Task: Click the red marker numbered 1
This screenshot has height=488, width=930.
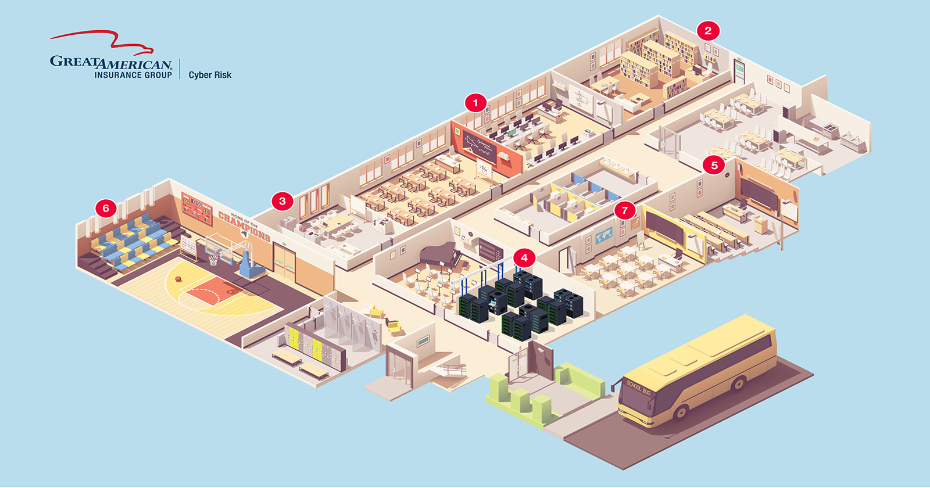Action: coord(475,103)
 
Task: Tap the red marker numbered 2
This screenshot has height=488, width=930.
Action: coord(708,31)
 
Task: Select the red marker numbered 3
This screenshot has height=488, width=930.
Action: coord(282,202)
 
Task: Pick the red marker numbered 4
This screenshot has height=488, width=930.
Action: coord(524,257)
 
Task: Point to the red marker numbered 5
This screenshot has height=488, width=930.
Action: coord(714,165)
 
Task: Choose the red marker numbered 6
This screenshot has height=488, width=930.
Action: coord(106,208)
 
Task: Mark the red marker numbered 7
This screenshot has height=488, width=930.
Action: coord(625,210)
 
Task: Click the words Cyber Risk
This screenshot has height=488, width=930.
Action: coord(210,75)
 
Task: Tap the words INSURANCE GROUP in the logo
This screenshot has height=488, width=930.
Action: coord(133,75)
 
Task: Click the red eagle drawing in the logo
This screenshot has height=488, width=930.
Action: coord(105,42)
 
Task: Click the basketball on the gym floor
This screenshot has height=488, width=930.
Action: coord(178,279)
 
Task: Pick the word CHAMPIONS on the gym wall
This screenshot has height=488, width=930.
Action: coord(244,227)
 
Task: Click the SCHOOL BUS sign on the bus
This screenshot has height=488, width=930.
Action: coord(638,387)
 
